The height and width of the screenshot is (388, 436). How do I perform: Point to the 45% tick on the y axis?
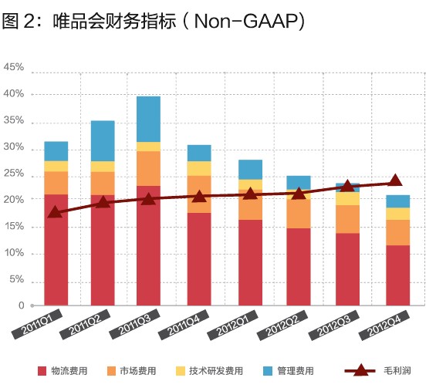tap(14, 68)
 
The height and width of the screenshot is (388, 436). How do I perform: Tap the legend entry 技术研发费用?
tap(220, 371)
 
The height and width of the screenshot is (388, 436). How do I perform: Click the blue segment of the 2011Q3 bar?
tap(148, 119)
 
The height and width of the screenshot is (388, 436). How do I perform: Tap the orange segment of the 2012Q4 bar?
tap(397, 232)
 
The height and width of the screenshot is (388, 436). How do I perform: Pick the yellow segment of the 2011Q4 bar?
tap(199, 168)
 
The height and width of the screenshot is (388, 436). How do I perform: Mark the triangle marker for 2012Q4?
tap(395, 181)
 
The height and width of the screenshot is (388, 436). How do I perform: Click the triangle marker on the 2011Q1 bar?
tap(54, 212)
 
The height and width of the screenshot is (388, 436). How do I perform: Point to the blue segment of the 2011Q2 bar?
tap(103, 140)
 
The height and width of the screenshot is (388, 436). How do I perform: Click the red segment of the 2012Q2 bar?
tap(299, 266)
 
